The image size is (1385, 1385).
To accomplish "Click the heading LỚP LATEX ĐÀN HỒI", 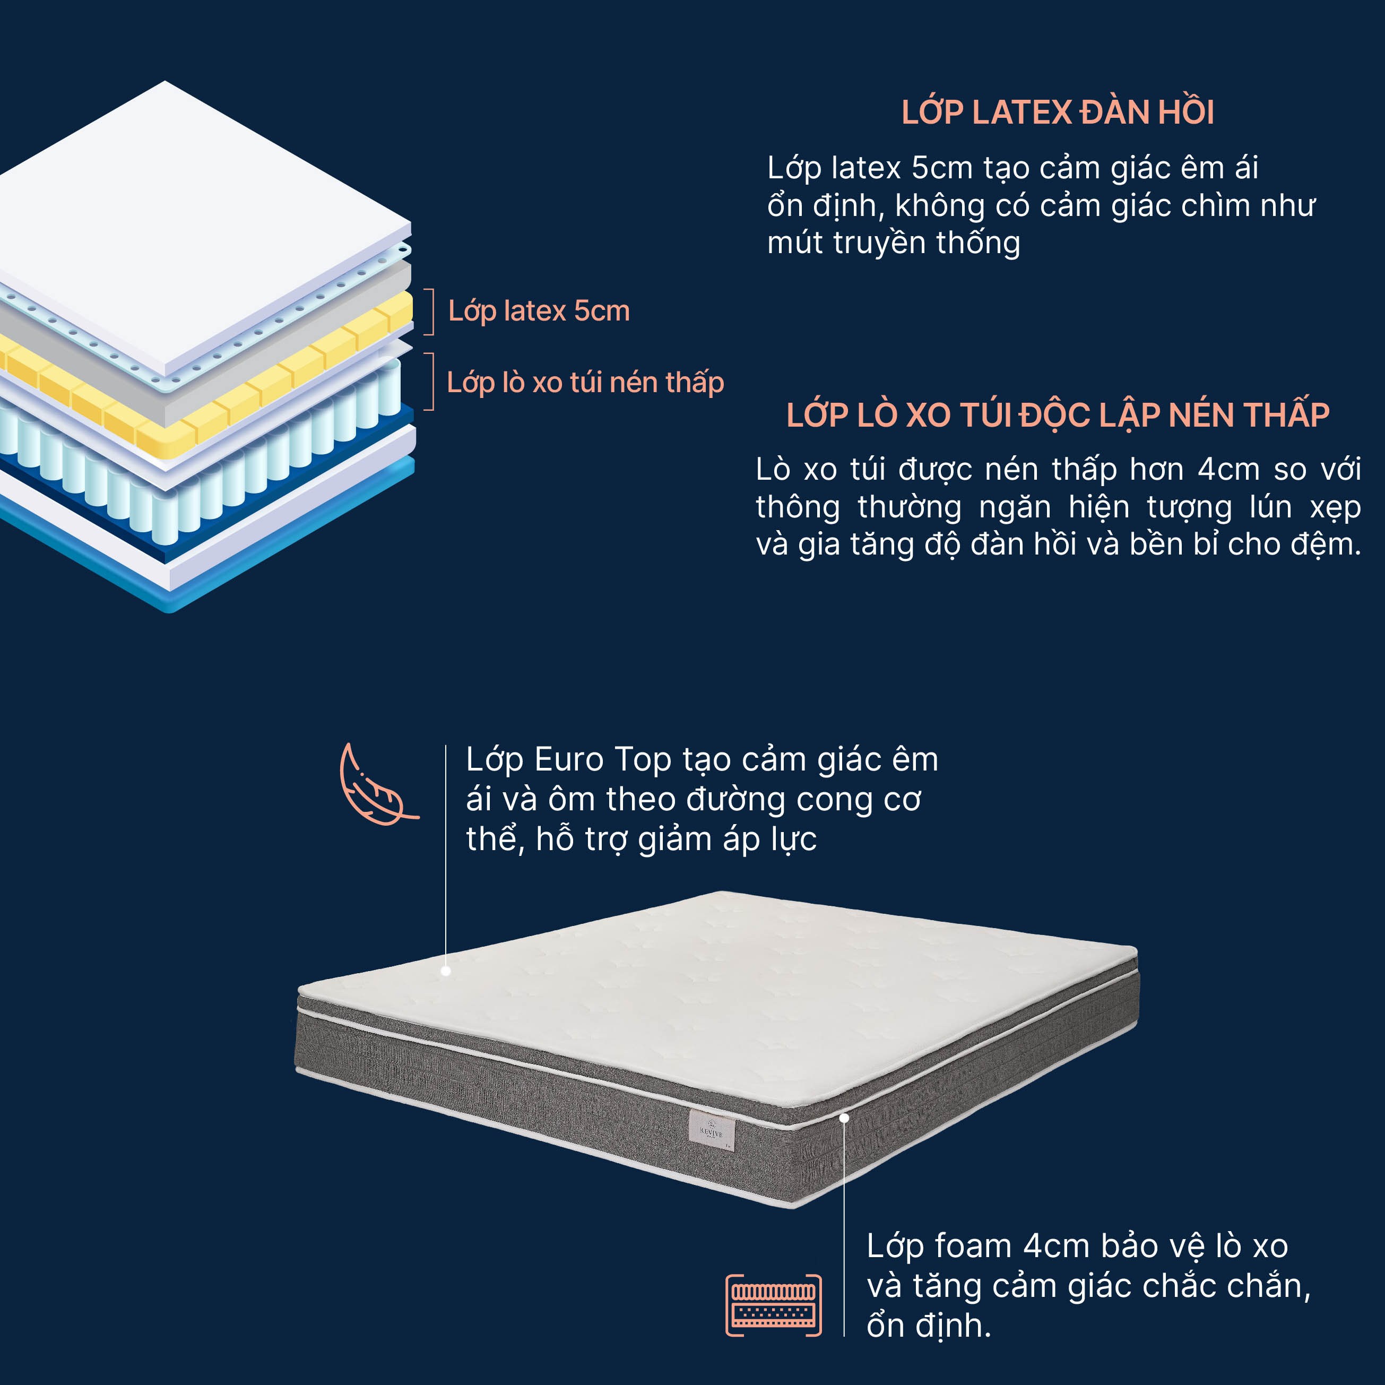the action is tap(1058, 112).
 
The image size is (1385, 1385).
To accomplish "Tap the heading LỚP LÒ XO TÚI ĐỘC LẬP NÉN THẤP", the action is tap(1058, 414).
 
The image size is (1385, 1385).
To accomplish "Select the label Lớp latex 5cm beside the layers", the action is tap(539, 311).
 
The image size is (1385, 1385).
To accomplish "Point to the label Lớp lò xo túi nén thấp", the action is tap(585, 382).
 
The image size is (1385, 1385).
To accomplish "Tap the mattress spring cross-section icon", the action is tap(774, 1305).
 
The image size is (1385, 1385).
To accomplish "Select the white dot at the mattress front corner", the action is tap(844, 1118).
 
